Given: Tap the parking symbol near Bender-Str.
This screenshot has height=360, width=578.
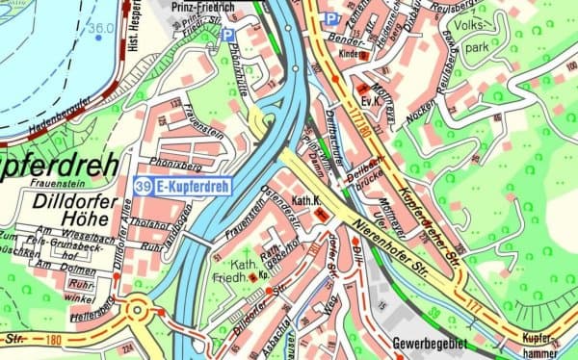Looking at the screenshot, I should coord(331,18).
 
